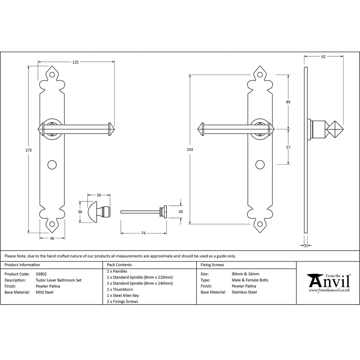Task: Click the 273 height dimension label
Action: click(x=29, y=150)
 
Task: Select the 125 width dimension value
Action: click(x=75, y=62)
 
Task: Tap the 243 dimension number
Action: click(x=190, y=149)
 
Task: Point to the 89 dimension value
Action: click(x=288, y=102)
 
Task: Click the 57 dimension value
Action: click(x=288, y=147)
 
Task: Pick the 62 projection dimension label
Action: click(x=323, y=56)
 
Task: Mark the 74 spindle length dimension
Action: click(x=143, y=233)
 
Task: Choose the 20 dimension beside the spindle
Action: click(x=181, y=212)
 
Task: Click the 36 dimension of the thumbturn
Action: click(x=80, y=212)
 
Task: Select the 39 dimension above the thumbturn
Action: click(x=99, y=195)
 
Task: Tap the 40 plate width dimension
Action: click(x=52, y=238)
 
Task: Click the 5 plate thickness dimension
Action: click(x=306, y=245)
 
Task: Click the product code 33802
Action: click(x=41, y=274)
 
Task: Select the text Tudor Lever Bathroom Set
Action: click(x=58, y=280)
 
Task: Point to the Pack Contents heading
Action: click(x=119, y=265)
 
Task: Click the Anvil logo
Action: click(x=329, y=282)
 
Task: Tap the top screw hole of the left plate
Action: click(x=52, y=75)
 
